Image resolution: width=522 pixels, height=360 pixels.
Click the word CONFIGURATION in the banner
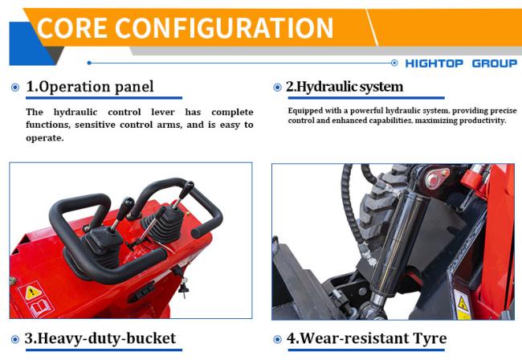click(x=224, y=28)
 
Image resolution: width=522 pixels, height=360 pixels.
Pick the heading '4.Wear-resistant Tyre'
click(x=366, y=338)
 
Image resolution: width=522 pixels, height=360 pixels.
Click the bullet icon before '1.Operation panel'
click(x=16, y=87)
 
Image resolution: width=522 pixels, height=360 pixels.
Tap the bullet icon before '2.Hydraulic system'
click(x=278, y=87)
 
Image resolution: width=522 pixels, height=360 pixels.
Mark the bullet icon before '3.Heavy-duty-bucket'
click(x=16, y=338)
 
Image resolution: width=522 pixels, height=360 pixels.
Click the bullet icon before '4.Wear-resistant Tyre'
click(x=278, y=338)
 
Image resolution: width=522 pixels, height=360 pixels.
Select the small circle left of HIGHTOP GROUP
click(x=394, y=63)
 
